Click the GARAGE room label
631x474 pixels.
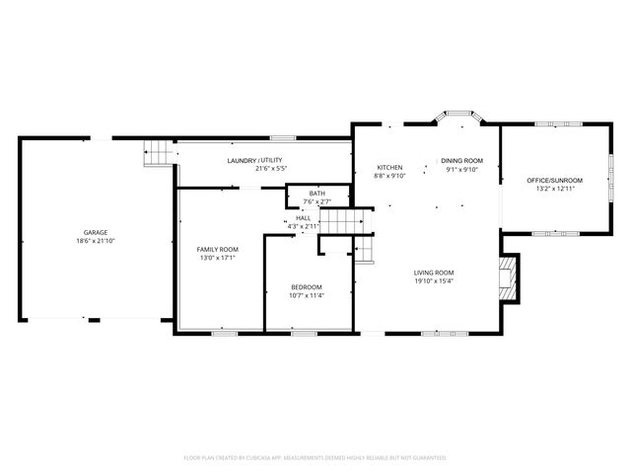coord(96,233)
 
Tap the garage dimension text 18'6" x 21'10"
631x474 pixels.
coord(96,241)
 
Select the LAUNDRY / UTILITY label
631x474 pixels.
coord(255,160)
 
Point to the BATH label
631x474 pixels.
coord(316,194)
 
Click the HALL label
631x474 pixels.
coord(303,218)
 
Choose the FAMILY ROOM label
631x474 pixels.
coord(217,249)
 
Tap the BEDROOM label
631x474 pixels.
coord(306,286)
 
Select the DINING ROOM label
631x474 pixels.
coord(461,160)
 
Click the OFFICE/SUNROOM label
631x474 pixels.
coord(554,180)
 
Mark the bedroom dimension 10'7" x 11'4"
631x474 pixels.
coord(306,294)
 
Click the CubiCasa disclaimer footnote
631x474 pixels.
coord(315,457)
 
